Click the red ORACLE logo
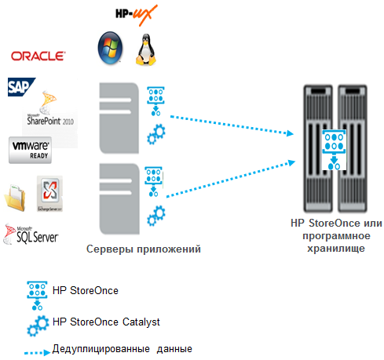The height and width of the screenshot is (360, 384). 38,56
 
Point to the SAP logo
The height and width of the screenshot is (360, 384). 18,86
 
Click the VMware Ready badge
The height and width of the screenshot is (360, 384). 30,150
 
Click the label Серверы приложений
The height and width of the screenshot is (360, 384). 144,249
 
